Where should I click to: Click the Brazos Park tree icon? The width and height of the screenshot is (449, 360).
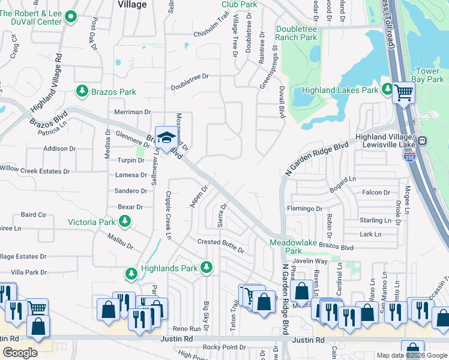[82, 91]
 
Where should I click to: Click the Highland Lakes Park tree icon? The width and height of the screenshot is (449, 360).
[387, 90]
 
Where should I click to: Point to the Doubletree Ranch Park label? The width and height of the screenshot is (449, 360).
[297, 32]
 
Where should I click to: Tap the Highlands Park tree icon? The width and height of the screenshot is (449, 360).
[206, 267]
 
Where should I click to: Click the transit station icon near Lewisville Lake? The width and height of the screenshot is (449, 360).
[422, 141]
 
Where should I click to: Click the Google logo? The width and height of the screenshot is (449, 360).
[20, 353]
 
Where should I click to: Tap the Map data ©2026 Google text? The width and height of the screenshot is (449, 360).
[412, 355]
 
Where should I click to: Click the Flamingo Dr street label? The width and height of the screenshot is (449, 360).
[304, 209]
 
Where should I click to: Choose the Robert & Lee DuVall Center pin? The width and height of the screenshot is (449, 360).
[71, 17]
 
